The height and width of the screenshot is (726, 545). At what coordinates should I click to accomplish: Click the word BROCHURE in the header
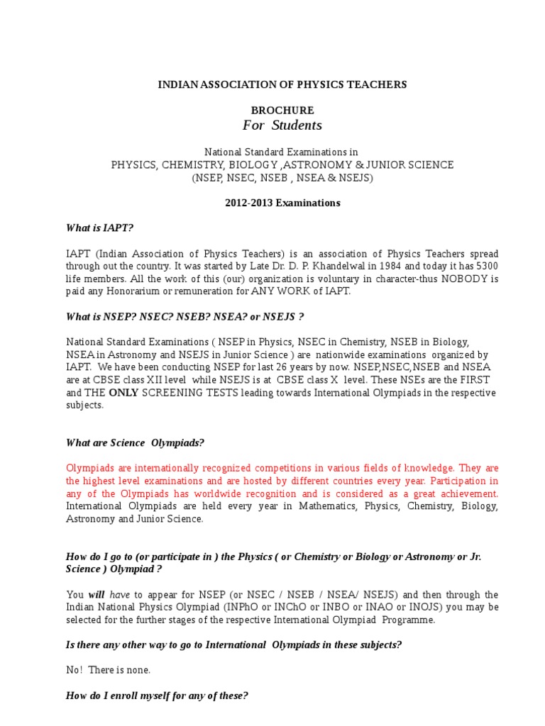tap(282, 111)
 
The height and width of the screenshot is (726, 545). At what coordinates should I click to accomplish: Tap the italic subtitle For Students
tap(282, 125)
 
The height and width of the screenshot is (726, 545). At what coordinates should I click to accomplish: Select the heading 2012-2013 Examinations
tap(282, 203)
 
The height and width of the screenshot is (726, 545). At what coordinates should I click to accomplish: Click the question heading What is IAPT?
tap(99, 228)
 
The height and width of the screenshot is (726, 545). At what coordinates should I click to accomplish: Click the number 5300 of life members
tap(486, 266)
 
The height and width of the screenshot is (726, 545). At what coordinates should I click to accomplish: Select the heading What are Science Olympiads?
tap(135, 443)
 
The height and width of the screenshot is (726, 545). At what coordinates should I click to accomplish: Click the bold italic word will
tap(97, 595)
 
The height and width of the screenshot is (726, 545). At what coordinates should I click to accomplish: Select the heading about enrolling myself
tap(157, 696)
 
